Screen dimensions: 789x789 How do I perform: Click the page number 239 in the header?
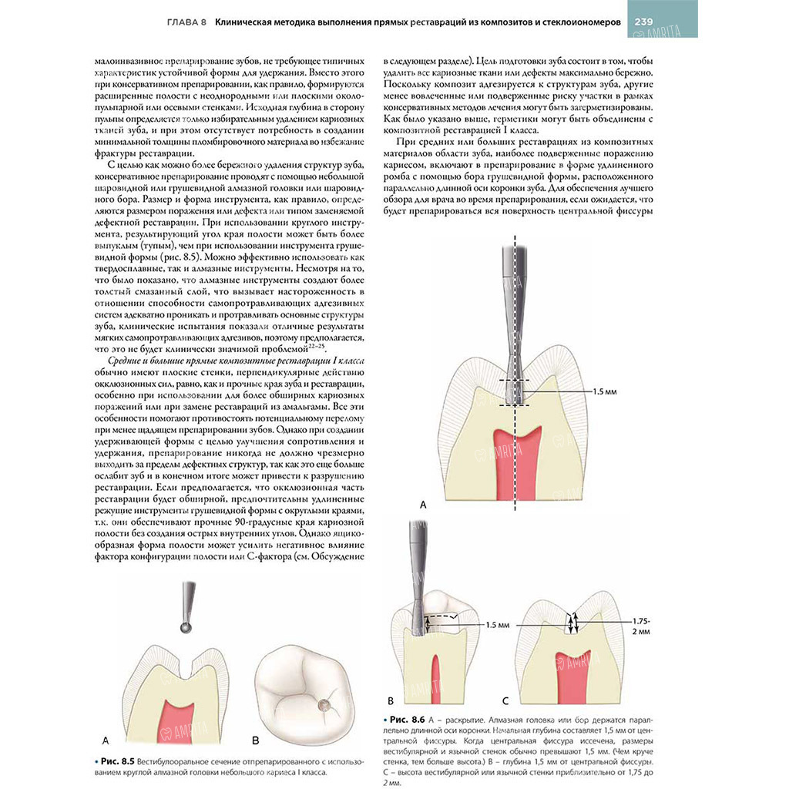point(645,22)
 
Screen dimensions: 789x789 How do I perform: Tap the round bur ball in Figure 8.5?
point(185,628)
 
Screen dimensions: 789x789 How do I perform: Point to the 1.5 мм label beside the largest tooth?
point(604,391)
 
